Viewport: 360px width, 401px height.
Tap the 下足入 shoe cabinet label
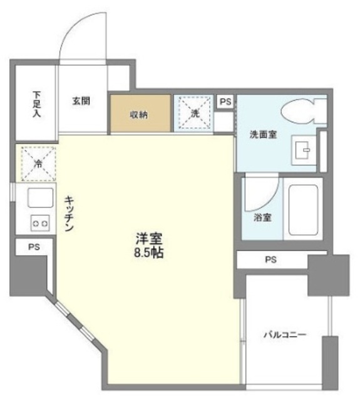36,105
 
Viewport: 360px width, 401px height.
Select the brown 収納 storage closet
139,114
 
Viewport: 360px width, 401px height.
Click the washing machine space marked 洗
194,113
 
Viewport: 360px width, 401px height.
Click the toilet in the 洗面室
302,113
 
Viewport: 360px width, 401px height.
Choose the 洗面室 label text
263,134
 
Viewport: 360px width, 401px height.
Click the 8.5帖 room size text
149,254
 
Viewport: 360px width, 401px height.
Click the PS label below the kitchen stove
34,247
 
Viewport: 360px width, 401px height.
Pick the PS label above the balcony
270,259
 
